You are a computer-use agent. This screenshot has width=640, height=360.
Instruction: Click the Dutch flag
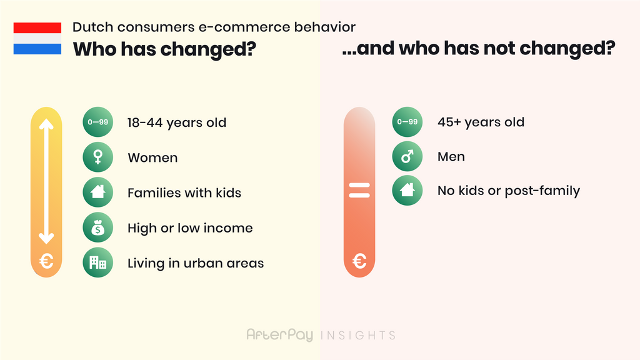[x=37, y=38]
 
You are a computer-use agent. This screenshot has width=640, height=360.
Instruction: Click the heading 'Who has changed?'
[x=164, y=49]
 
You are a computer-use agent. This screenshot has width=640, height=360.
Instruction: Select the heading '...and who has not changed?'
[x=478, y=49]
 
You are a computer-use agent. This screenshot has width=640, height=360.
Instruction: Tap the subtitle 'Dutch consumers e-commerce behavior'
[x=214, y=27]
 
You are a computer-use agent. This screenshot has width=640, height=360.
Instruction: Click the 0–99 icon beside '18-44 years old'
[x=98, y=122]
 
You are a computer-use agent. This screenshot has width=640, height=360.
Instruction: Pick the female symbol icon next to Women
[x=98, y=157]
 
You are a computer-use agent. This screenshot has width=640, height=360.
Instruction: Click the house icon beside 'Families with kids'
[x=98, y=192]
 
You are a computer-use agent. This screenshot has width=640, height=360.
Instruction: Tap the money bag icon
[x=98, y=227]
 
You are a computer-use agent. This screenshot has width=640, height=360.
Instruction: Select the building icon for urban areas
[x=98, y=262]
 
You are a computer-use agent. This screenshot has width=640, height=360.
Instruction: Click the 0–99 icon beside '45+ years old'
[x=407, y=122]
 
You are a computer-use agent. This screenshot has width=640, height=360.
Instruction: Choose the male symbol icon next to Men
[x=407, y=156]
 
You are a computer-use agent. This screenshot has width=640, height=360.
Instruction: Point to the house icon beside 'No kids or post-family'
[x=407, y=190]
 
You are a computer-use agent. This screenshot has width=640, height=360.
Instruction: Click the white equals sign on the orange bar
[x=359, y=190]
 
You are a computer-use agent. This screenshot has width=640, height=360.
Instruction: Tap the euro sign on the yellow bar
[x=46, y=261]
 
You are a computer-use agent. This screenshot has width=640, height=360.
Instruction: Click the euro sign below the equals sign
[x=359, y=261]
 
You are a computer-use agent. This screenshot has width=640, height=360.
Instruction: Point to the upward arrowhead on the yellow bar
[x=46, y=124]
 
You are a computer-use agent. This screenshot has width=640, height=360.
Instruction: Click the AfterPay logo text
[x=279, y=335]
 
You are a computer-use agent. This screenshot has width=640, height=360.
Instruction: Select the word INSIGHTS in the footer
[x=358, y=336]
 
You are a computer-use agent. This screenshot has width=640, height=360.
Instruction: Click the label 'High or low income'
[x=190, y=227]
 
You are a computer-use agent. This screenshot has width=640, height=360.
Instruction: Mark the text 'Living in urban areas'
[x=196, y=263]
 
